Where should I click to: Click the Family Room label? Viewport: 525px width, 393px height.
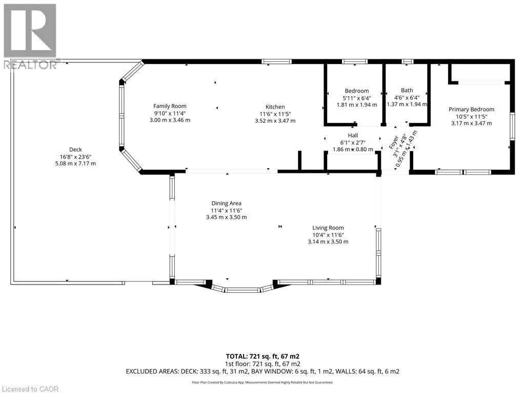coord(170,106)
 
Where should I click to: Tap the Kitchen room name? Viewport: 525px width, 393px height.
coord(275,106)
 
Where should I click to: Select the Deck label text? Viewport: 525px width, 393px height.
coord(75,149)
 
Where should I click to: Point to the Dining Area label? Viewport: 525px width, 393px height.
coord(226,203)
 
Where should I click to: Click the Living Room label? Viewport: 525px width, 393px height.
coord(328,228)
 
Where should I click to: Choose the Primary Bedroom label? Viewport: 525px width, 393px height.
coord(472,110)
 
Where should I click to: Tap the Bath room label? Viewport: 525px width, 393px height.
coord(407,90)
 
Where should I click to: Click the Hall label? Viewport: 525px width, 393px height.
coord(353,135)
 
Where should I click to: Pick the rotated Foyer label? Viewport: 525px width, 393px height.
coord(394,142)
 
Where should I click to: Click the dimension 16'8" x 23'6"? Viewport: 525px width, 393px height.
coord(75,157)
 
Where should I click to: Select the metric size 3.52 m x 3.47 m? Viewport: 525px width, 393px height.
coord(275,121)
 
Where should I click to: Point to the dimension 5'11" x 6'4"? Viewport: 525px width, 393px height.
coord(357,98)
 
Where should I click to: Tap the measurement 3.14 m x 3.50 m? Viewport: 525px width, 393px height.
coord(328,242)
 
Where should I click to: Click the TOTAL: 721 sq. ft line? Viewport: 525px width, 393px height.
coord(262,356)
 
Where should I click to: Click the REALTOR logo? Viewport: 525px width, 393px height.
coord(30,36)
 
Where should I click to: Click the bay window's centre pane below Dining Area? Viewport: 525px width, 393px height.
coord(242,290)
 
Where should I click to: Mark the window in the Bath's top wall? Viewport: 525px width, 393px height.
coord(407,61)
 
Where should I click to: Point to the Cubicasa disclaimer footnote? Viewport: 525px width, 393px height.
coord(262,382)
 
